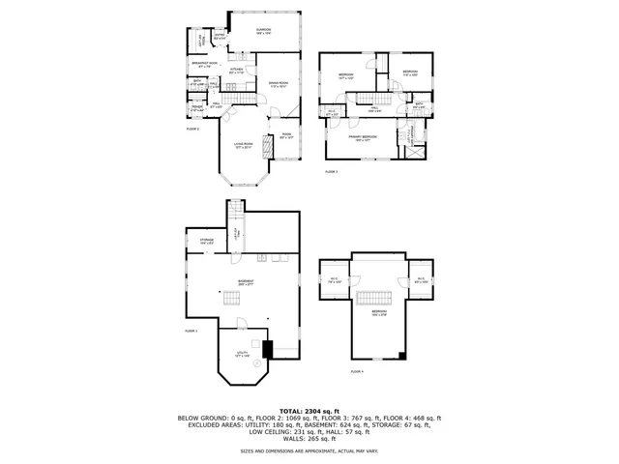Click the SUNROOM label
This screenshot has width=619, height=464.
tap(263, 32)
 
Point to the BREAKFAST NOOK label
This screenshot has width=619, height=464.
tap(204, 66)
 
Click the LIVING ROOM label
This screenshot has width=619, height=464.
tap(242, 147)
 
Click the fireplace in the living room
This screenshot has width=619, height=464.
tap(270, 145)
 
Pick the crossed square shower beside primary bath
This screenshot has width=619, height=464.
tap(417, 151)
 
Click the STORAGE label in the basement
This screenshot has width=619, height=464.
tap(207, 241)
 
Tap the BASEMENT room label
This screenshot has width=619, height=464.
tap(246, 282)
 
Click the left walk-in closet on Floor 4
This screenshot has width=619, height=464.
tap(335, 281)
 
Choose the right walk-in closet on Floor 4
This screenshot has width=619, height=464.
tap(421, 281)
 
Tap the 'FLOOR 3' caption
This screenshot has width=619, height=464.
tap(331, 171)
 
